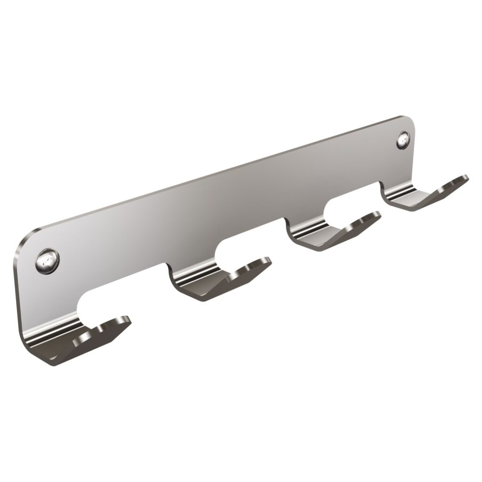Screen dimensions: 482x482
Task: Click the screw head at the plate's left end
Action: (48, 259)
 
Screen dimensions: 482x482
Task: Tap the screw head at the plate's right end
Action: (403, 140)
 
